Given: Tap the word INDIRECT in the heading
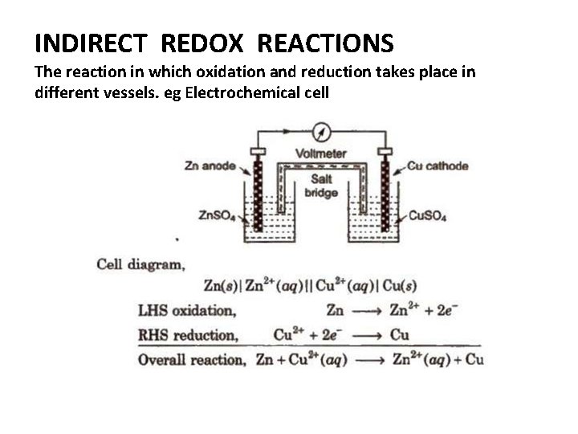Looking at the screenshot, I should click(90, 42).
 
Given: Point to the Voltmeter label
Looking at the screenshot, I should click(321, 154).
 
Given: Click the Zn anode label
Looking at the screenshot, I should click(210, 166).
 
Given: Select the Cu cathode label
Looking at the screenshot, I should click(438, 166).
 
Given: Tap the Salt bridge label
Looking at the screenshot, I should click(321, 186).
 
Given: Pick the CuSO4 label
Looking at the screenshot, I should click(428, 215).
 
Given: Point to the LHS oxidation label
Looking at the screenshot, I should click(186, 309).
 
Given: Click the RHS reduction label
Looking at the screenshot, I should click(188, 334).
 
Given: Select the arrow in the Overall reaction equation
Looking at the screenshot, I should click(370, 360).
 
